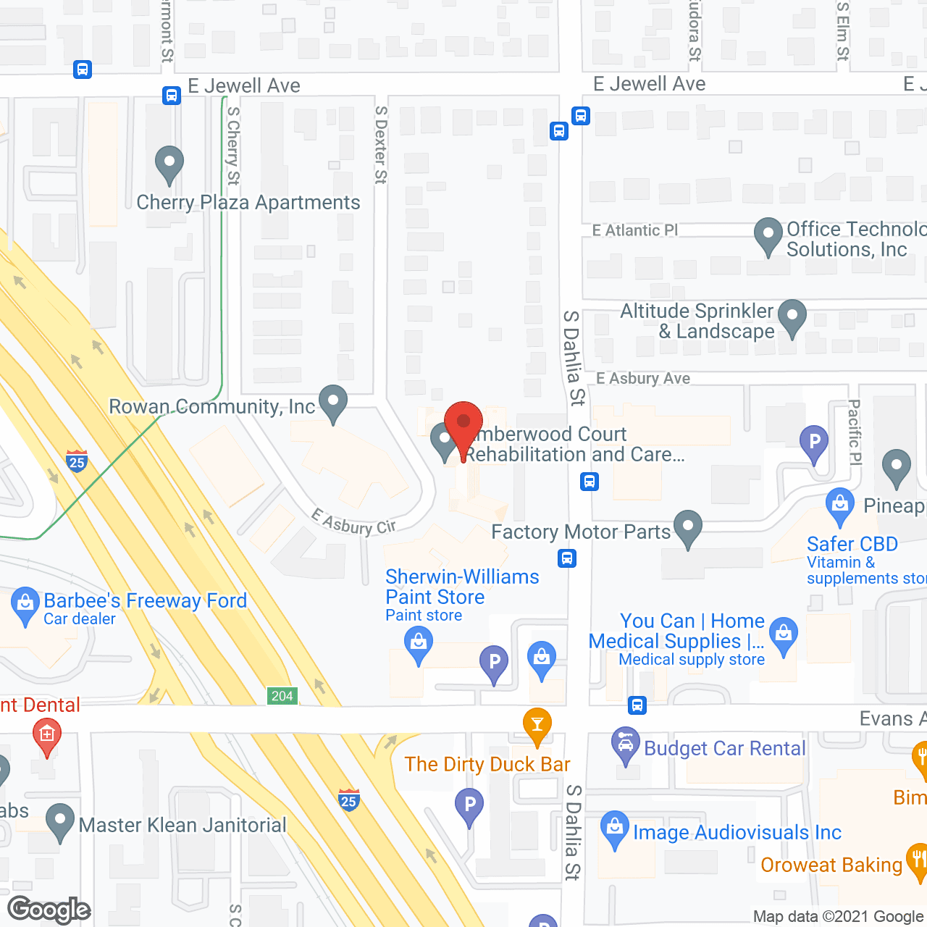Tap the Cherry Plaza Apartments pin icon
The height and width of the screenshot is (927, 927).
pos(169,164)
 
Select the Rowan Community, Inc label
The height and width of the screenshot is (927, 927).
pos(212,406)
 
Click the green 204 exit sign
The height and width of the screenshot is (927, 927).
pos(282,696)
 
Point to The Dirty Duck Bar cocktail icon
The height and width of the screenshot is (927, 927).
pos(537,726)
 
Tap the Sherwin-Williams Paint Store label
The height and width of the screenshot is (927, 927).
pos(462,587)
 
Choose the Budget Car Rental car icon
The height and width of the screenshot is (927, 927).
pos(625,745)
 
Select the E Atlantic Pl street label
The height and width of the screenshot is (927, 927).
pos(635,230)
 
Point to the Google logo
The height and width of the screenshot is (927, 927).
pos(49,910)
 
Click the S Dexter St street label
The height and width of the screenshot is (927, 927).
pos(381,145)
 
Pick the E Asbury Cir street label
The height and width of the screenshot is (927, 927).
pos(353,522)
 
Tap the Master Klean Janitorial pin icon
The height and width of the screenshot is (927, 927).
pos(59,822)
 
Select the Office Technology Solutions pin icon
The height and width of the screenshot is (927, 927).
pos(768,236)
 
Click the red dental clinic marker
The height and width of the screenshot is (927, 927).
pos(47,736)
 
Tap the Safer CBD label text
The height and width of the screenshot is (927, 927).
pos(852,544)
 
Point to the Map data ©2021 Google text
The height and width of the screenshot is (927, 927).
pos(838,916)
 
